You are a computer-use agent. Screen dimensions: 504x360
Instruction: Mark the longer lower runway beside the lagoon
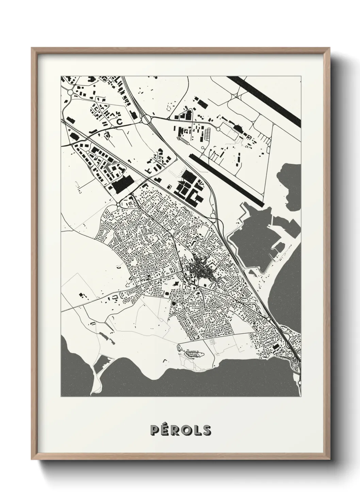tap(226, 179)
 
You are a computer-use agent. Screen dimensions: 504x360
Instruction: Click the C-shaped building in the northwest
tap(119, 121)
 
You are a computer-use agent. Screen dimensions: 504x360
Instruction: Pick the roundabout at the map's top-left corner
tap(70, 92)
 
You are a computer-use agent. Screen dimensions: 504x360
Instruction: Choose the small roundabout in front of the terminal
tap(218, 129)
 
